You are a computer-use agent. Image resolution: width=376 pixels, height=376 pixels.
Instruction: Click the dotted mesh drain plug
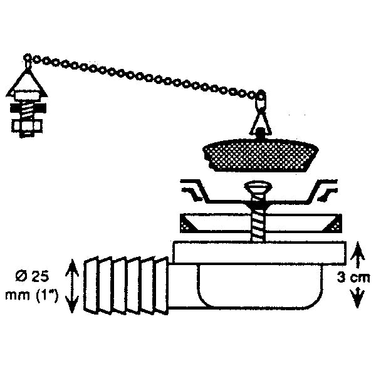(x=261, y=155)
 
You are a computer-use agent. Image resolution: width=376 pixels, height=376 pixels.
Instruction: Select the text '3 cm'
(x=353, y=278)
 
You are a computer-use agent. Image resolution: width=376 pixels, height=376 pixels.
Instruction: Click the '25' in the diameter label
(x=40, y=277)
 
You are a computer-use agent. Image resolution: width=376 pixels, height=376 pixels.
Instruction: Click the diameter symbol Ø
(x=21, y=277)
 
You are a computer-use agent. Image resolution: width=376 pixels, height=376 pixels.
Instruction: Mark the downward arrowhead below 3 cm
(x=357, y=298)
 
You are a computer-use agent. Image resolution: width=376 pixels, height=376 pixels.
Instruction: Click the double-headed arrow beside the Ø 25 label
(x=72, y=286)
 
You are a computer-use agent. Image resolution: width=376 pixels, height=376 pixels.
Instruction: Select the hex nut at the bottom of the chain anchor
(x=27, y=127)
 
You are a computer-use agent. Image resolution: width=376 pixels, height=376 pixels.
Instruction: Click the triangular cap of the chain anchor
(x=28, y=83)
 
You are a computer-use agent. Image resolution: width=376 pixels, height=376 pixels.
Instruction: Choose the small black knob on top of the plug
(x=260, y=133)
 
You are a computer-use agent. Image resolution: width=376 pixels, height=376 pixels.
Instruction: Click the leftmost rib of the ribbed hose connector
(x=91, y=285)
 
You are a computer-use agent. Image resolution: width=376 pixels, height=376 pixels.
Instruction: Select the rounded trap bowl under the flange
(x=260, y=286)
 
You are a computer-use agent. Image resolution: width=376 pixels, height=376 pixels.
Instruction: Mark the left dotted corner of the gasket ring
(x=189, y=223)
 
